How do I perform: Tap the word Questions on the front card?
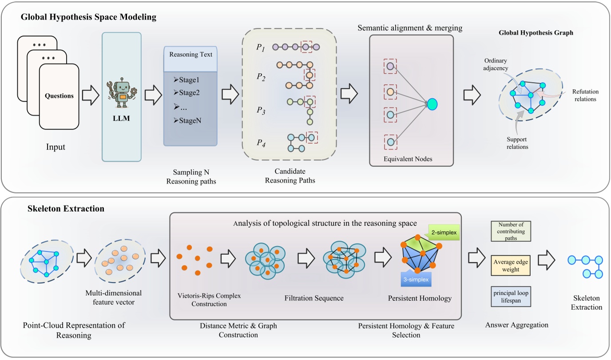pyautogui.click(x=59, y=95)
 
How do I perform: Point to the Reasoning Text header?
pyautogui.click(x=190, y=55)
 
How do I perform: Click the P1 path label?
pyautogui.click(x=261, y=47)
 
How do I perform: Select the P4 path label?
pyautogui.click(x=261, y=142)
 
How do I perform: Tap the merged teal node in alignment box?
pyautogui.click(x=432, y=104)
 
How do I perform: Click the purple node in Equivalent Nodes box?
pyautogui.click(x=390, y=67)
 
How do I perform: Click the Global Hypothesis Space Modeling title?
pyautogui.click(x=88, y=17)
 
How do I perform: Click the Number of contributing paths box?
pyautogui.click(x=511, y=231)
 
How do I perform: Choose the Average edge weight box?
pyautogui.click(x=511, y=265)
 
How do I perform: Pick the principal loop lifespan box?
pyautogui.click(x=511, y=297)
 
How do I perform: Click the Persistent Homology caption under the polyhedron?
pyautogui.click(x=420, y=298)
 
